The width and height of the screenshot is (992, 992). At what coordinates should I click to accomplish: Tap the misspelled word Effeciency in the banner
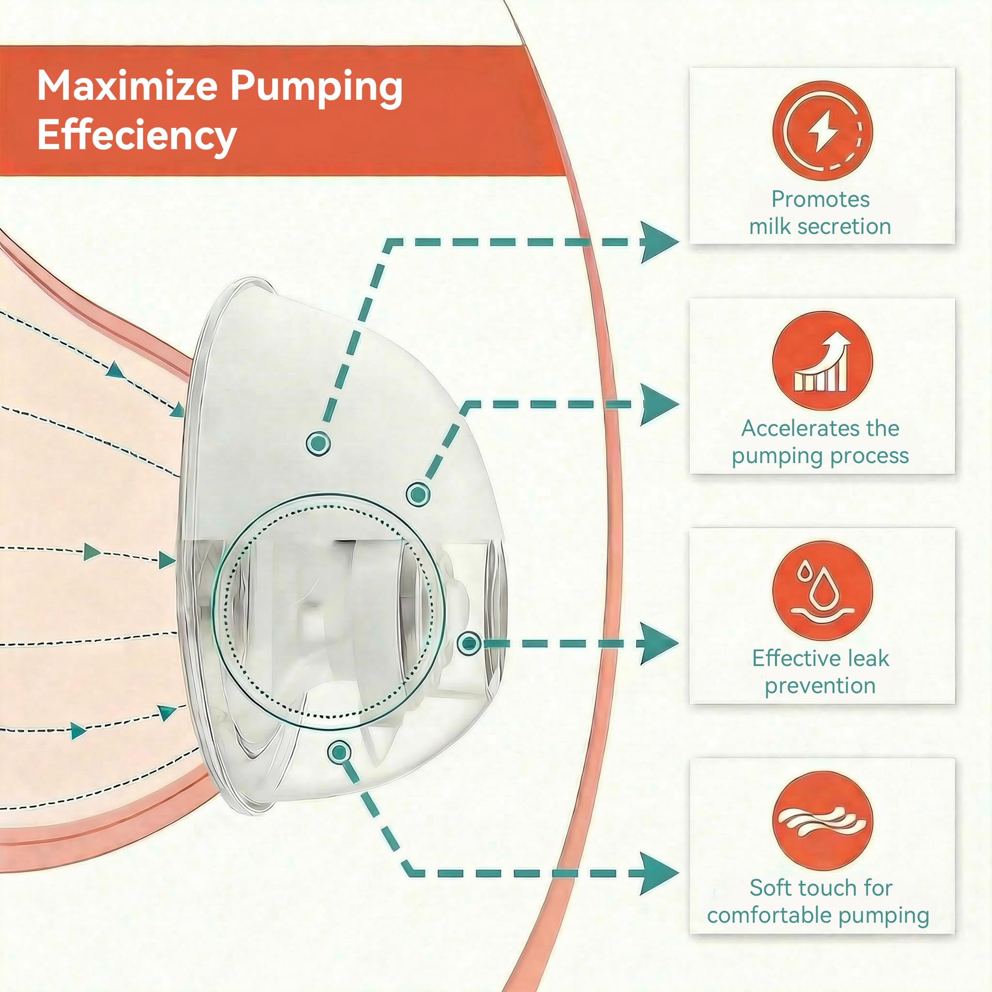(x=137, y=136)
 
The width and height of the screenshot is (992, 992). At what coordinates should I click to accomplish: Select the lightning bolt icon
(x=822, y=130)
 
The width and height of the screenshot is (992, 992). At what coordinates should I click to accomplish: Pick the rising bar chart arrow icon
(x=822, y=361)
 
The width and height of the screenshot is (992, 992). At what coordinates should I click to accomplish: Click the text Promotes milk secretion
(x=821, y=213)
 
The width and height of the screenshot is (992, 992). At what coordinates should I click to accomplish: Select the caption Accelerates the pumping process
(x=821, y=442)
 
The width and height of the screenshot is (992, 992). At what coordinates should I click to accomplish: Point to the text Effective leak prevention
(x=821, y=672)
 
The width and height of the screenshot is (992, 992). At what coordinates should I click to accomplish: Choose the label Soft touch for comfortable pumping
(x=819, y=901)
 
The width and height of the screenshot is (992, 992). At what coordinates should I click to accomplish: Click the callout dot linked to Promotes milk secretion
(x=318, y=443)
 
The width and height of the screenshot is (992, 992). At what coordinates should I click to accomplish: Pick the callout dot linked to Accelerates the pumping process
(x=418, y=495)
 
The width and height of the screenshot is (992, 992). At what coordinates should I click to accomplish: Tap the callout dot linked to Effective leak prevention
(x=469, y=643)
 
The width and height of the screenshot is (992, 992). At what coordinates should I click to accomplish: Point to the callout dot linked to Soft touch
(x=339, y=753)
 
